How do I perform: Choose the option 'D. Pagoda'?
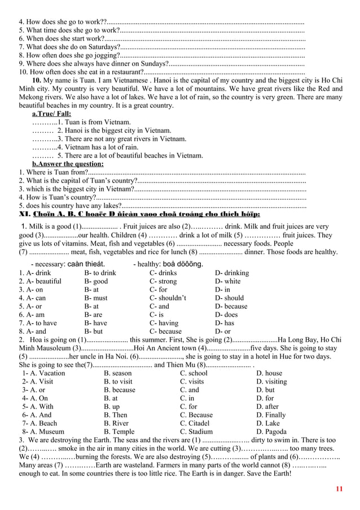271,431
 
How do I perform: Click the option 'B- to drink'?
100,273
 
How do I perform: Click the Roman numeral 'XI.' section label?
25,215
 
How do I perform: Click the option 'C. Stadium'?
196,431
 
